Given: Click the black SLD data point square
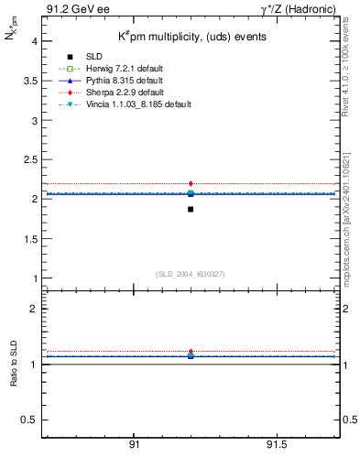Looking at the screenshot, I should [191, 209].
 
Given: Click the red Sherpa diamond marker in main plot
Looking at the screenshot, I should [191, 184].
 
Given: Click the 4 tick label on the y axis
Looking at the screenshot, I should [34, 41].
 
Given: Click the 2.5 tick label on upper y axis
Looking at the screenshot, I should [29, 159].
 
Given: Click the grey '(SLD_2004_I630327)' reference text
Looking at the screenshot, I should [191, 274].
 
